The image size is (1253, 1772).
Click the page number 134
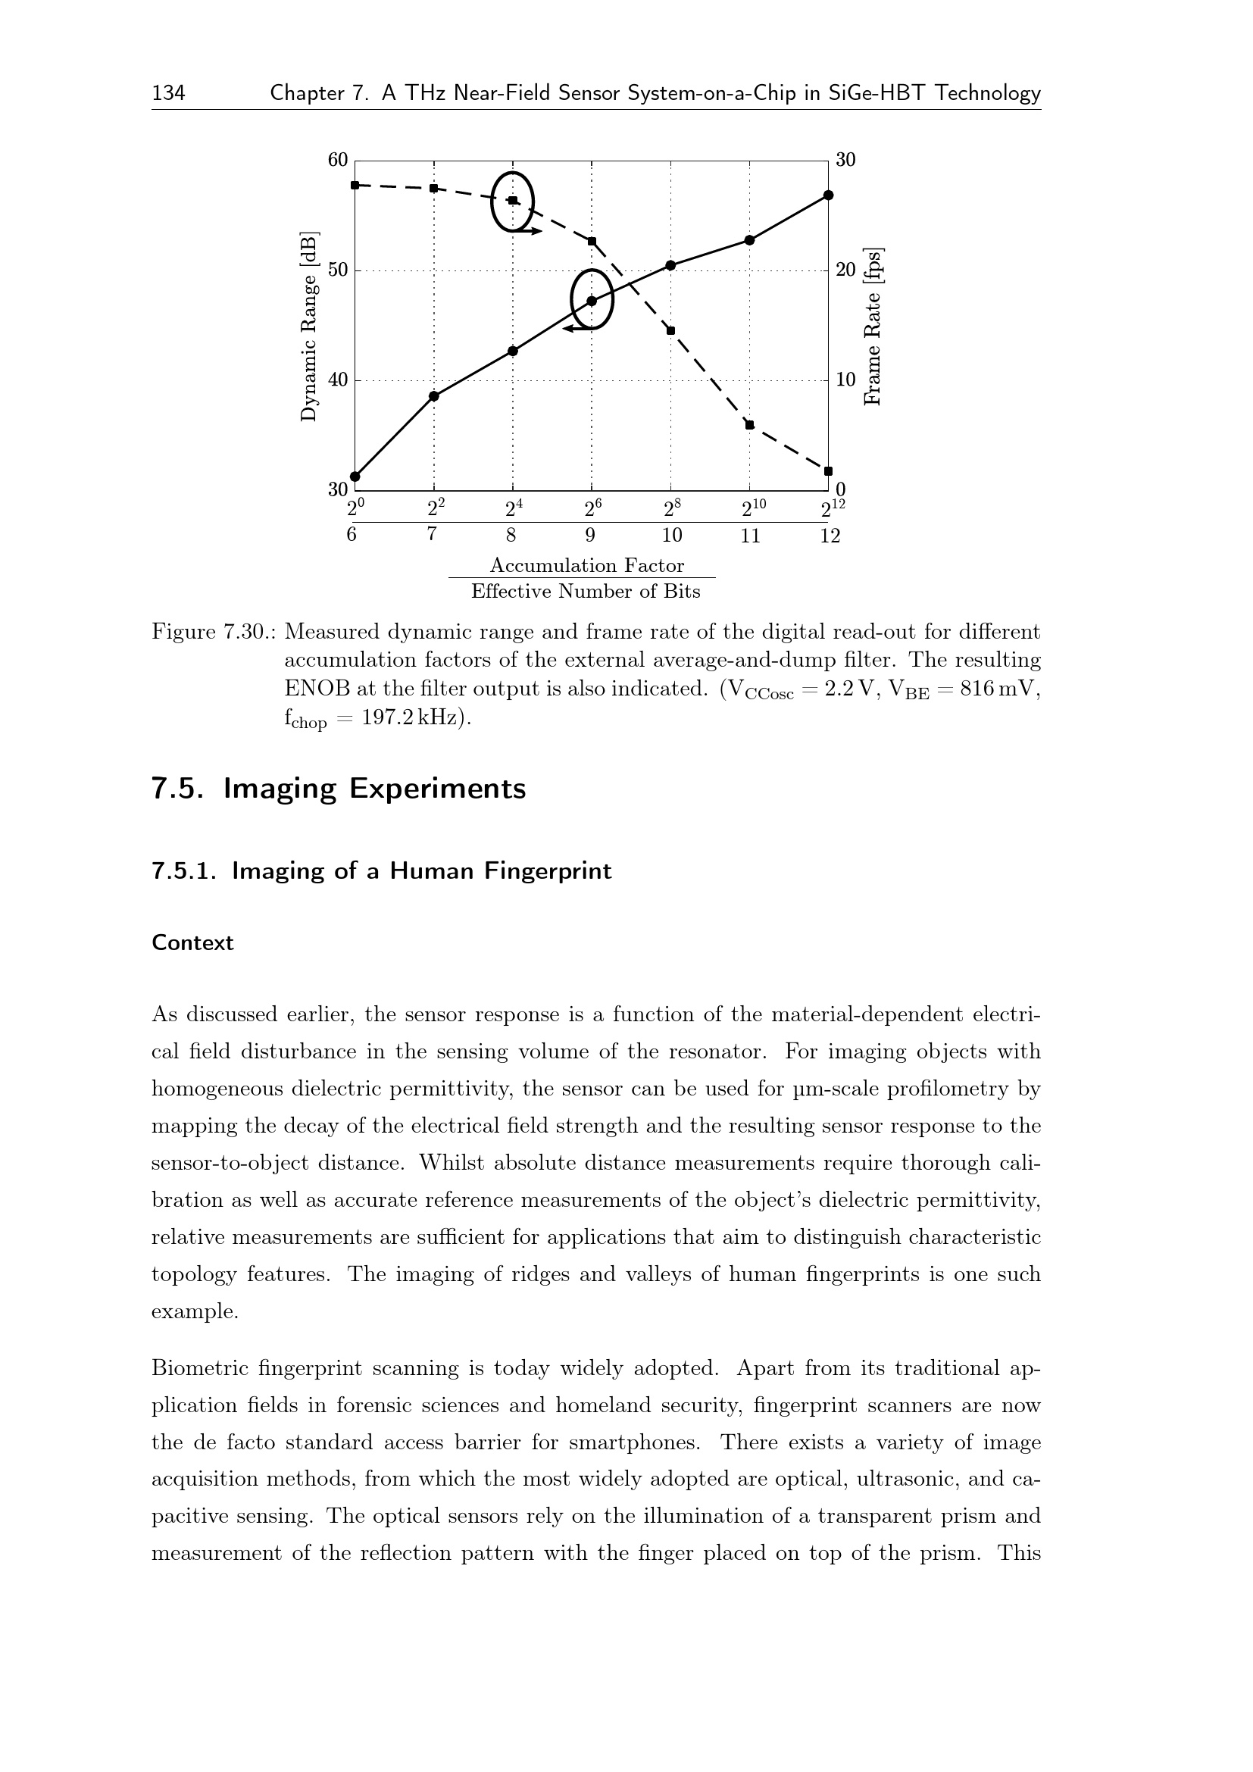click(x=168, y=93)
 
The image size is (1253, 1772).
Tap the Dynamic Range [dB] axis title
click(x=308, y=326)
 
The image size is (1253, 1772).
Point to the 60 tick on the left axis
click(x=338, y=160)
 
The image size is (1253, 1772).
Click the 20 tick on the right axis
click(x=845, y=270)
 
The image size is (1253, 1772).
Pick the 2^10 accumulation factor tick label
click(x=753, y=508)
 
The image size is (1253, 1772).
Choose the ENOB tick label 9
click(x=590, y=536)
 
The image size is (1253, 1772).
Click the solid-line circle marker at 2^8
click(x=670, y=265)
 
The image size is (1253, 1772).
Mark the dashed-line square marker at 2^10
click(x=749, y=425)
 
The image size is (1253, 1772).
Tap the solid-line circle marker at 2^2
click(x=433, y=396)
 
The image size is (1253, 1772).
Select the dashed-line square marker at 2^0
click(x=355, y=185)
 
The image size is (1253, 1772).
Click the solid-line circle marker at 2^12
click(x=828, y=195)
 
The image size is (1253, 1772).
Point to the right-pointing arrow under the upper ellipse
click(x=530, y=231)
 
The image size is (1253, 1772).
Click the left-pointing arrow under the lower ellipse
click(x=576, y=329)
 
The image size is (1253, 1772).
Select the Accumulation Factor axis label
click(x=586, y=566)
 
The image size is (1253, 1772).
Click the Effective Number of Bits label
click(x=586, y=592)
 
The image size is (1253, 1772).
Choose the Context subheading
click(x=192, y=943)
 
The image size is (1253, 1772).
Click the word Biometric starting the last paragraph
click(x=198, y=1368)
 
